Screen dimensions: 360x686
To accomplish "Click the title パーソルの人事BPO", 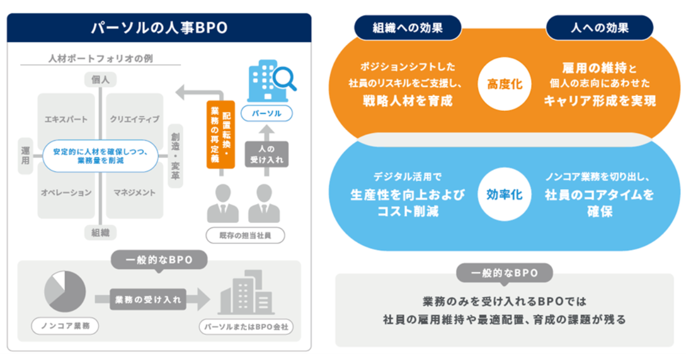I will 159,28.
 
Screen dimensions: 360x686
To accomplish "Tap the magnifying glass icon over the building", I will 284,78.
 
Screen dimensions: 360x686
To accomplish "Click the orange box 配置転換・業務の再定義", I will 220,135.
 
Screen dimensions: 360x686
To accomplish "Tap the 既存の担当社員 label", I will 244,235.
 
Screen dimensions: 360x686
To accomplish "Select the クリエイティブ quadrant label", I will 134,119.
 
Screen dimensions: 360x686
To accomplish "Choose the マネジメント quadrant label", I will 134,193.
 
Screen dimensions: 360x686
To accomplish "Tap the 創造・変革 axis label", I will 175,156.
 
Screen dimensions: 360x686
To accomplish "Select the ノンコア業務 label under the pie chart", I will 65,326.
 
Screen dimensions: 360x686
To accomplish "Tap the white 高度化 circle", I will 504,84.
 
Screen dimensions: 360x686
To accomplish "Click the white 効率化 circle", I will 504,194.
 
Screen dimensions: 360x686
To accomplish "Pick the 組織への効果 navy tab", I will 407,27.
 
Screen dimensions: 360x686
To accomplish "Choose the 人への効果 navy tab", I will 600,27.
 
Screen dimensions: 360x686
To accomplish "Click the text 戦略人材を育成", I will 408,101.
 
